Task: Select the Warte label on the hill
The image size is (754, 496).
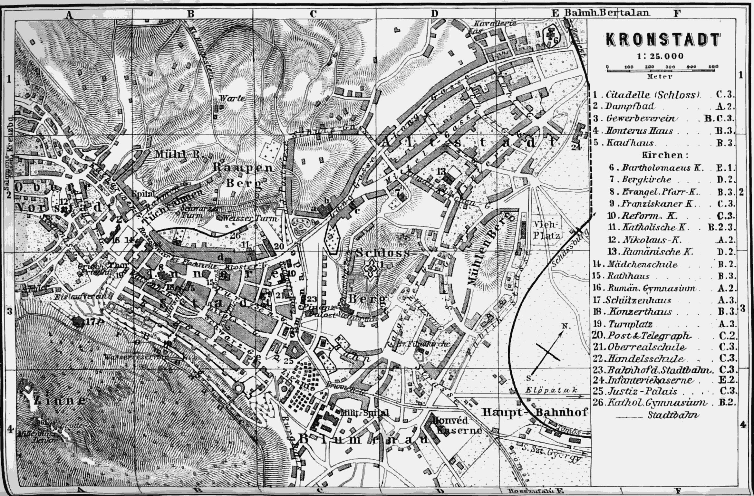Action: (232, 98)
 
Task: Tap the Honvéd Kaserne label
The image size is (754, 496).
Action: (458, 425)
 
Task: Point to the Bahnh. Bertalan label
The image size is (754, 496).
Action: (607, 13)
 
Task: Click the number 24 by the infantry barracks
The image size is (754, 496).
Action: (576, 147)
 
